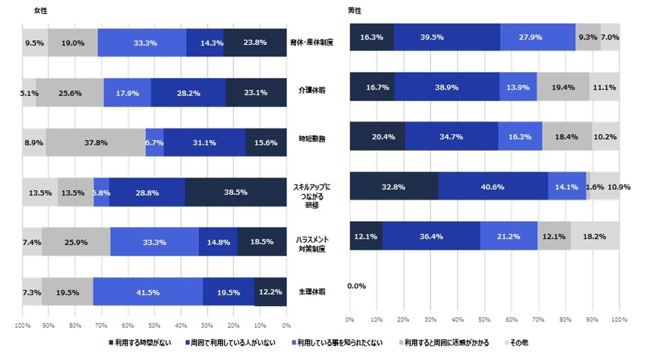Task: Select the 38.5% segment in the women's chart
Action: (x=236, y=193)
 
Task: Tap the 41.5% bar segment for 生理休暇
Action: (x=147, y=292)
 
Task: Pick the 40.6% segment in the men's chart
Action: (x=492, y=186)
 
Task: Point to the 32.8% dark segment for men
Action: (x=393, y=186)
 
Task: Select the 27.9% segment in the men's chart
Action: (x=537, y=37)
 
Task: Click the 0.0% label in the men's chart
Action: (x=357, y=285)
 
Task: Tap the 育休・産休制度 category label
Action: (x=312, y=43)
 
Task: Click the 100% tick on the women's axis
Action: (x=23, y=325)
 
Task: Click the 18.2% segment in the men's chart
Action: (x=595, y=236)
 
